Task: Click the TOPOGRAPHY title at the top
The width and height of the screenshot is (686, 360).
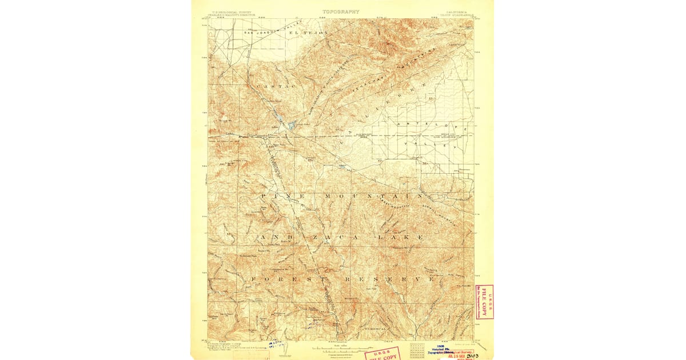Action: [x=341, y=11]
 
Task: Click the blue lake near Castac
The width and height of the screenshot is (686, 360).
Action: [x=292, y=125]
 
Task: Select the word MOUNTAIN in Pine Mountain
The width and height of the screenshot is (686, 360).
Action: [x=356, y=196]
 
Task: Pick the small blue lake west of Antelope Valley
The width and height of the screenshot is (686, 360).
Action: [x=341, y=167]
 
